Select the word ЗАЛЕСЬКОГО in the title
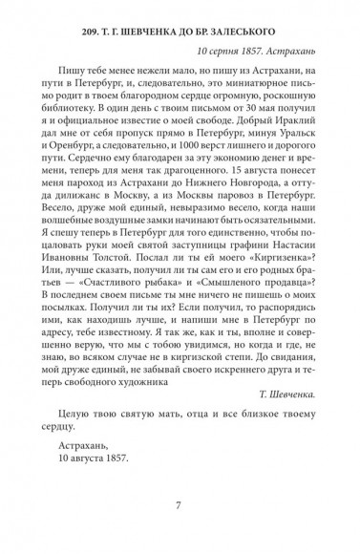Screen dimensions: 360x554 [x=283, y=23]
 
